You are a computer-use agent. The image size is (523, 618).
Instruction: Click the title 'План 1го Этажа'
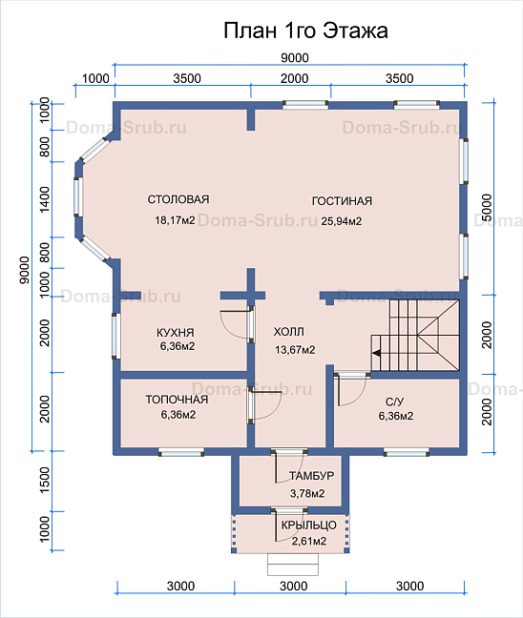tap(305, 31)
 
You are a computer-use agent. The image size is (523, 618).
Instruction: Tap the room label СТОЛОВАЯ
tap(178, 199)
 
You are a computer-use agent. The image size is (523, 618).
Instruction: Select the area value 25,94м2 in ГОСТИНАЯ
tap(341, 221)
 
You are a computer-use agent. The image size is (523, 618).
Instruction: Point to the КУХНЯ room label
tap(176, 333)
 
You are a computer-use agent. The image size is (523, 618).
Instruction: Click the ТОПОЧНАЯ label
tap(177, 400)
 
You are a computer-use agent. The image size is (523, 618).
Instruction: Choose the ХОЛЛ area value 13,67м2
tap(295, 350)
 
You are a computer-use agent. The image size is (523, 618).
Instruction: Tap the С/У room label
tap(395, 402)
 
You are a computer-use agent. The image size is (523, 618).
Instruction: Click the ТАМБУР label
tap(311, 476)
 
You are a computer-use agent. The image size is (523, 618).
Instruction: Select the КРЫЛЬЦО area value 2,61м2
tap(309, 541)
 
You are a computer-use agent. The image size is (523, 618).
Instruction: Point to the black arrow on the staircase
tap(376, 353)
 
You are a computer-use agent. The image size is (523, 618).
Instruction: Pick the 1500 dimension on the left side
tap(45, 480)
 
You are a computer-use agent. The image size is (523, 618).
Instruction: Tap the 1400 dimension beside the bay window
tap(45, 199)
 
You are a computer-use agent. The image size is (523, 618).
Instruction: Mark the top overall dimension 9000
tap(295, 58)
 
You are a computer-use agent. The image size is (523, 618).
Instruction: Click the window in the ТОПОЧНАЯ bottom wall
tap(181, 452)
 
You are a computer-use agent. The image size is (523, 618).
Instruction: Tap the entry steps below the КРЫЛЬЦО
tap(293, 565)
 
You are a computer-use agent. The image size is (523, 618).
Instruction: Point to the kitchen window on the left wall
tap(116, 336)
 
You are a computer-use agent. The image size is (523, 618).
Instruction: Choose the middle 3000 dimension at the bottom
tap(293, 587)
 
